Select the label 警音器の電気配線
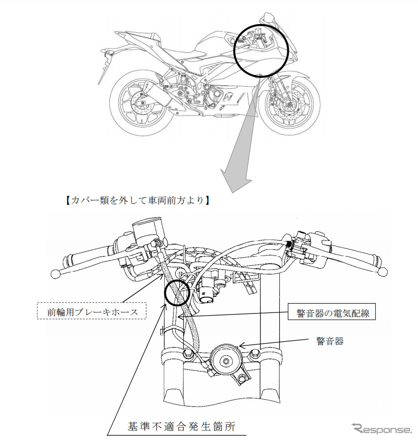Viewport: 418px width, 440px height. [333, 313]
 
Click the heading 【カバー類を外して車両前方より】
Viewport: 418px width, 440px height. [135, 199]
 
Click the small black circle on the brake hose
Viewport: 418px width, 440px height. [177, 292]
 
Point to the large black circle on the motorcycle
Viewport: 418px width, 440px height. [259, 47]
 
